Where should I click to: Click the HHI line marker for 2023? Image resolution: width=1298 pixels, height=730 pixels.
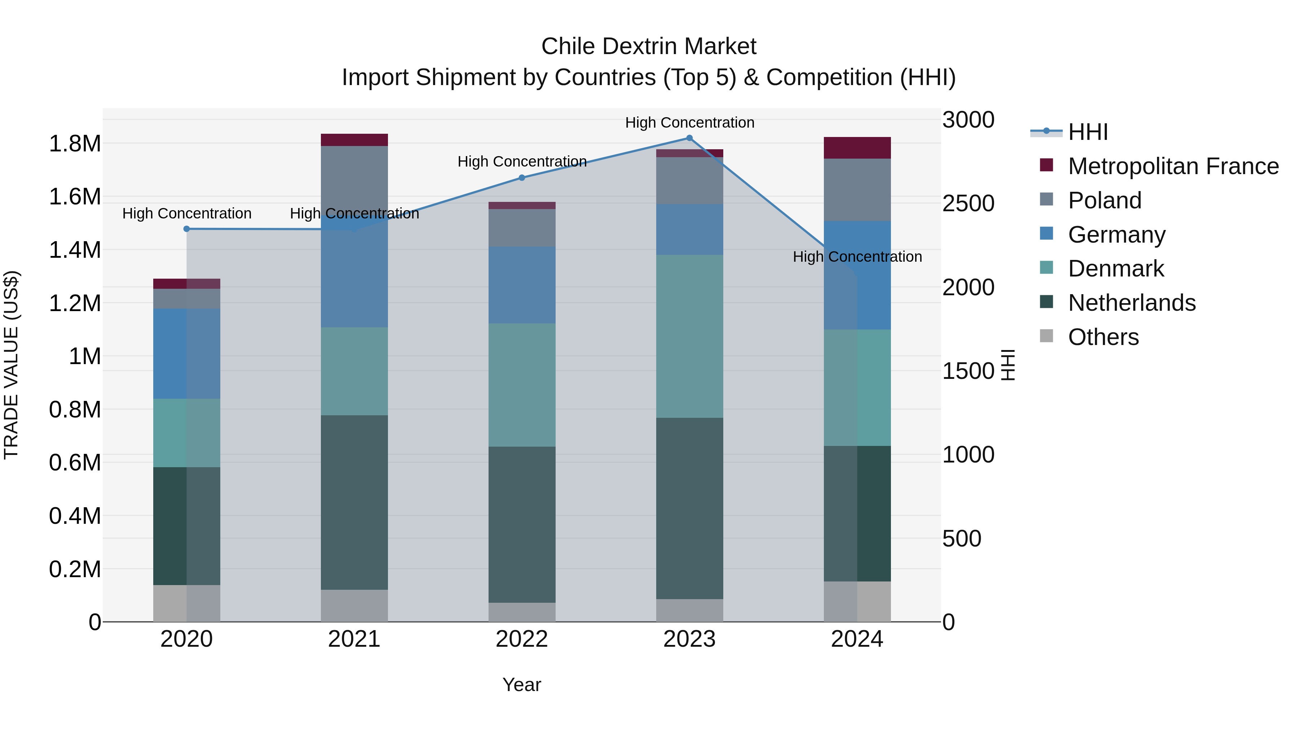(689, 138)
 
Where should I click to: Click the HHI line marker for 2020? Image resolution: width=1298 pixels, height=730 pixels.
(186, 229)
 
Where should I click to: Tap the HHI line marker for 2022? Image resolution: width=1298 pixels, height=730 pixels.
(521, 178)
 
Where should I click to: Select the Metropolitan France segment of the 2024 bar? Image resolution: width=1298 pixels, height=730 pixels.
(857, 147)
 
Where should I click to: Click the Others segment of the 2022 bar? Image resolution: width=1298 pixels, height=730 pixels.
(521, 612)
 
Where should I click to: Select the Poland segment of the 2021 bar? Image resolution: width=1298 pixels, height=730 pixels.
(354, 176)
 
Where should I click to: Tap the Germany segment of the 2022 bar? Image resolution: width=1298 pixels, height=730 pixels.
(521, 285)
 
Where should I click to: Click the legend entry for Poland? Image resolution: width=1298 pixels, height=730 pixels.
(1104, 200)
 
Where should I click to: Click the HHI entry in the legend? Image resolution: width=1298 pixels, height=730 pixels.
(1087, 132)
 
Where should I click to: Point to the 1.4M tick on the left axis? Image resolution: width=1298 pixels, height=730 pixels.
(75, 250)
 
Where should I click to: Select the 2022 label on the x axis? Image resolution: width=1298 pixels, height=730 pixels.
(521, 639)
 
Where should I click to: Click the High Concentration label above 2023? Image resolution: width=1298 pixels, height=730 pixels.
(689, 123)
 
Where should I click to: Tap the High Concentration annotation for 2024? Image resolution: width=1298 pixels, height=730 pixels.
(857, 256)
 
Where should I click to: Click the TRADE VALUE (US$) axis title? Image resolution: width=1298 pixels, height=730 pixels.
(11, 365)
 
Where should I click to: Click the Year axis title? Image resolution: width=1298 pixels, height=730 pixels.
(521, 685)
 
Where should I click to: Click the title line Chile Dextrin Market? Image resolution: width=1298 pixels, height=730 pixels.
(649, 47)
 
